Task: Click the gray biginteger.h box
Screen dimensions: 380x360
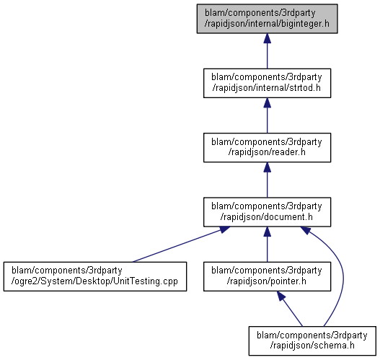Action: pos(267,19)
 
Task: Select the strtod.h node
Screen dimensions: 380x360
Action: pos(267,83)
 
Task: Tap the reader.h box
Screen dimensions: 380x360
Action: pos(267,147)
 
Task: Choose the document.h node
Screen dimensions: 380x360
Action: pos(267,212)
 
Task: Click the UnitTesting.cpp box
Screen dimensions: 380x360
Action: pos(95,276)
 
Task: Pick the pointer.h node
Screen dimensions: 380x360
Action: pos(267,276)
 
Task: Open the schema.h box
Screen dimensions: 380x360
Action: pos(312,341)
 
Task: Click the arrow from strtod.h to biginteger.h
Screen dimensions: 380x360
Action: pos(267,51)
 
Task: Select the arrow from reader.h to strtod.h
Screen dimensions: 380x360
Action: pos(267,115)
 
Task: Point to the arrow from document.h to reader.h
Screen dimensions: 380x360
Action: pos(267,180)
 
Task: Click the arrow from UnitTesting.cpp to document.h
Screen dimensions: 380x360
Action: pos(180,245)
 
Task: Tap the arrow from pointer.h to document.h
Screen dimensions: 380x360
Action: pos(267,245)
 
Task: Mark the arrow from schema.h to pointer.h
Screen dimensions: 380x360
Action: pos(290,309)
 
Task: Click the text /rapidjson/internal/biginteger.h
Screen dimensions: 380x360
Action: pos(267,24)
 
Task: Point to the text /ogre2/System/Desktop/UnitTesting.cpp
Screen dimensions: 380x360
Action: pos(94,281)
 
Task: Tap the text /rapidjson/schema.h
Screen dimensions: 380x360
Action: pos(312,346)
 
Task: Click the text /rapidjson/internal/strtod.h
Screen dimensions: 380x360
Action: pos(267,88)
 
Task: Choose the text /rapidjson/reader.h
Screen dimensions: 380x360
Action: pos(267,152)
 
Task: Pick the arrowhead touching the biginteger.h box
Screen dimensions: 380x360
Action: pos(267,38)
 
